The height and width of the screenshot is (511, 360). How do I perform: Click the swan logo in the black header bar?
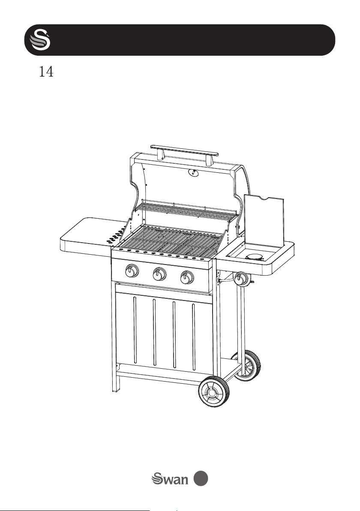[40, 40]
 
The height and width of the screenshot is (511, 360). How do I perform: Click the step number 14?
[46, 72]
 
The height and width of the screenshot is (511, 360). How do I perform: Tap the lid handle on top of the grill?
[184, 152]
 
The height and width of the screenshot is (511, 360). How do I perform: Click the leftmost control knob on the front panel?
[131, 271]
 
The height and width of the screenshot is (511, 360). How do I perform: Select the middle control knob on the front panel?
[159, 274]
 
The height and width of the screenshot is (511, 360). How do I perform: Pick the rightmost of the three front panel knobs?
[187, 277]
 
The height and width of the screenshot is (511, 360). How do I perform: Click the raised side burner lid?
[264, 220]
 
